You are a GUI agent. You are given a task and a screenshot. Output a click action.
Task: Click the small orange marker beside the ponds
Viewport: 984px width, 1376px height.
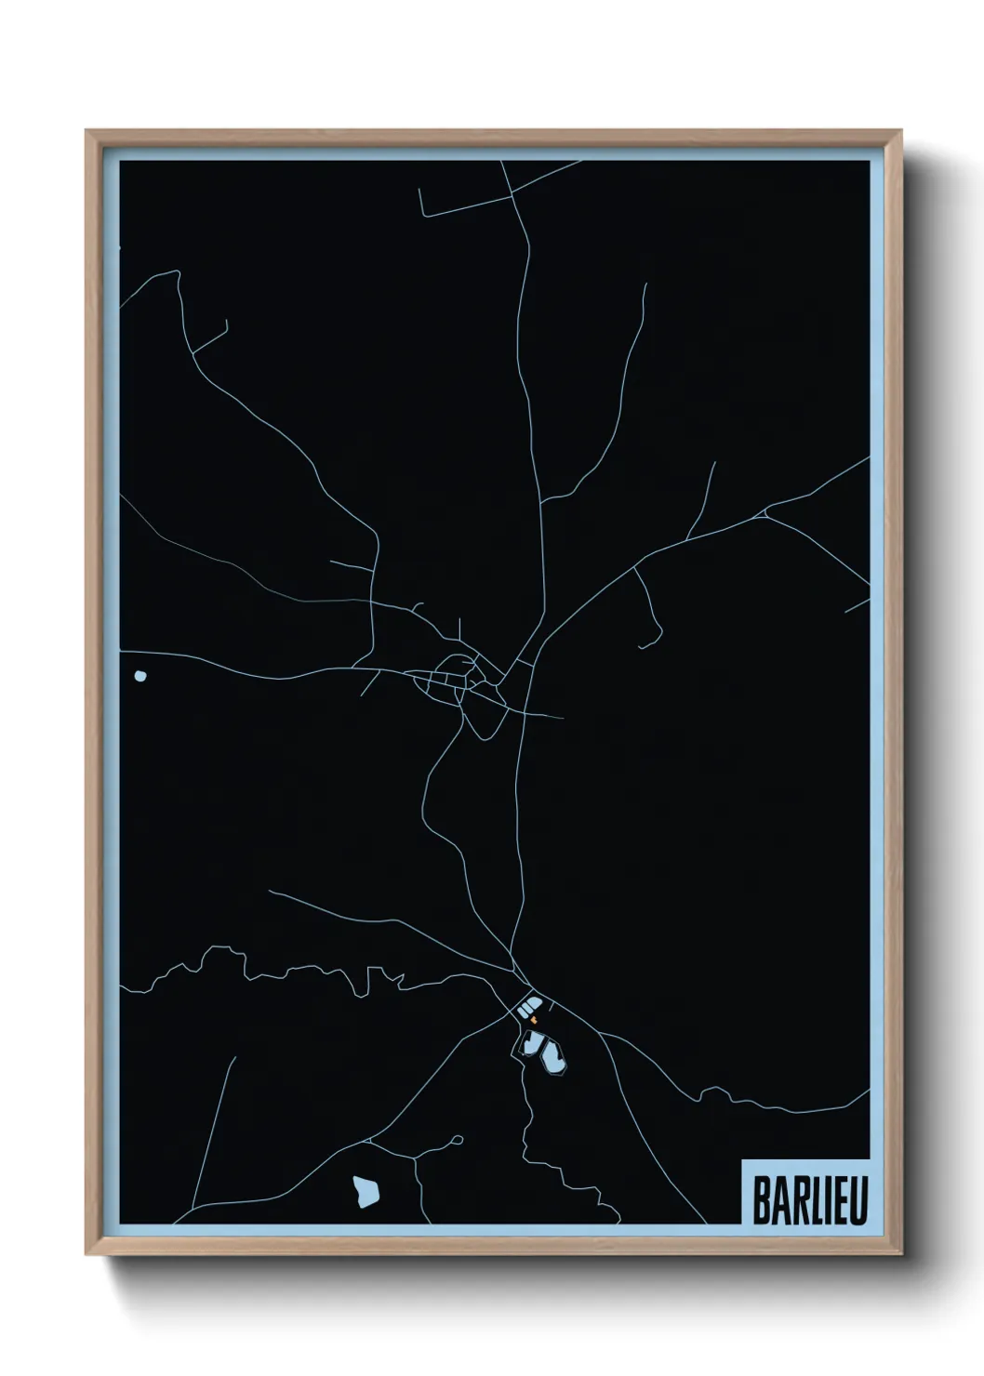pos(535,1020)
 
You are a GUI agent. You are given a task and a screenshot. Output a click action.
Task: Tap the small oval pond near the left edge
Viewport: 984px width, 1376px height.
pos(140,676)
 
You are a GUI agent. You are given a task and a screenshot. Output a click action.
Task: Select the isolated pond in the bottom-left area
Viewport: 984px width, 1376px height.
pos(366,1190)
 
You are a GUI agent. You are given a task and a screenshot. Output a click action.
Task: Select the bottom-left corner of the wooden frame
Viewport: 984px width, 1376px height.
pos(88,1254)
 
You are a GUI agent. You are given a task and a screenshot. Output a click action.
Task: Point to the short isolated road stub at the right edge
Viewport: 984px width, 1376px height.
pos(857,605)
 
